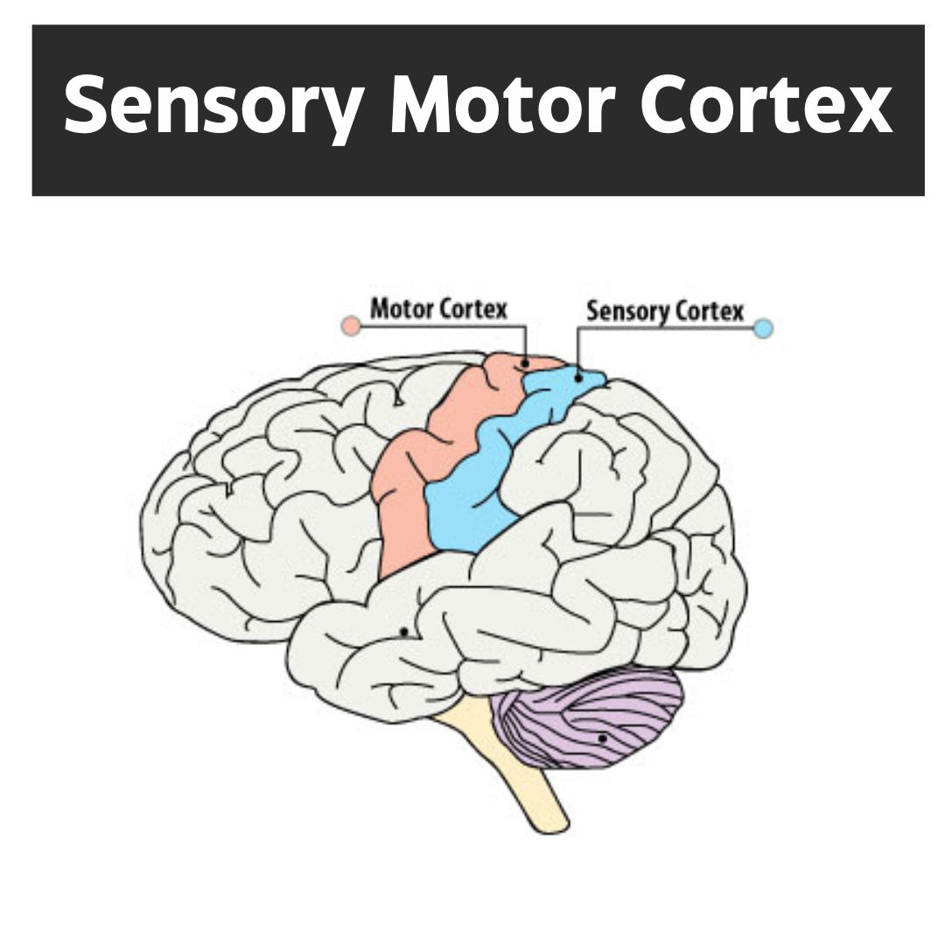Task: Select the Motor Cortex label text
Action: pyautogui.click(x=438, y=309)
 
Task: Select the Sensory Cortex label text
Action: pyautogui.click(x=664, y=311)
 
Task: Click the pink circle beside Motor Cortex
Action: pyautogui.click(x=351, y=326)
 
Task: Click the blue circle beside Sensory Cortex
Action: pyautogui.click(x=763, y=329)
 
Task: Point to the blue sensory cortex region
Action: pyautogui.click(x=472, y=499)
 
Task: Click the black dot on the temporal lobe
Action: pyautogui.click(x=403, y=631)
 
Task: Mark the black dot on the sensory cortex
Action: pyautogui.click(x=578, y=379)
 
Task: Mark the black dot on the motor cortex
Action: pyautogui.click(x=524, y=362)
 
